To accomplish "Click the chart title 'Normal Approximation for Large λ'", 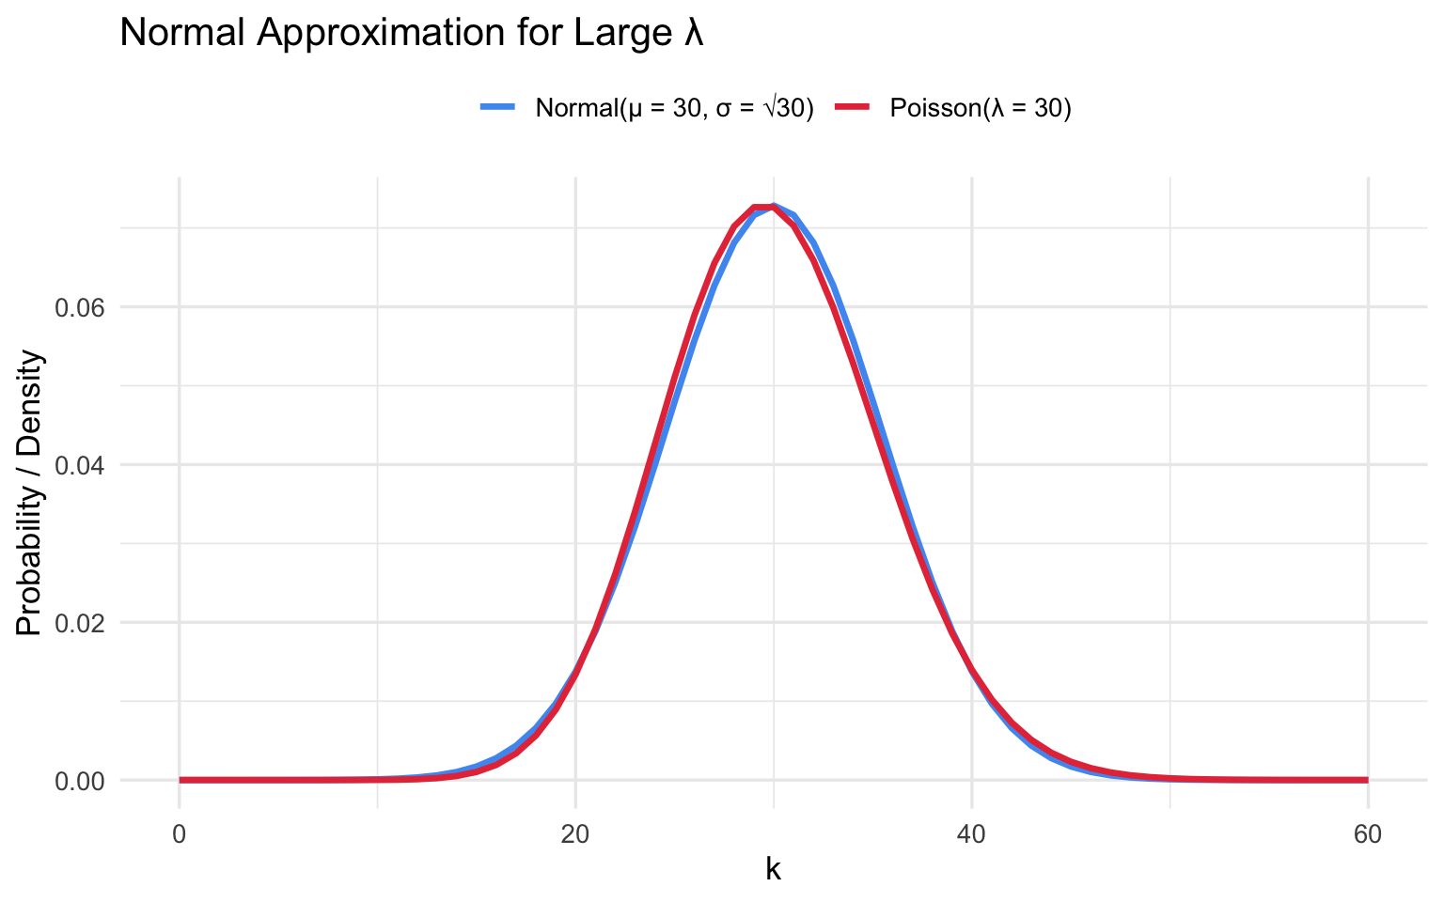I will click(412, 34).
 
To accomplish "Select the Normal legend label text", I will click(674, 108).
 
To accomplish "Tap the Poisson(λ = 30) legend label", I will click(981, 108).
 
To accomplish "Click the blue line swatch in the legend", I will click(498, 108).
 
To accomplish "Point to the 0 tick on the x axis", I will click(180, 834).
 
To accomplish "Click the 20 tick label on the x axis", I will click(575, 834).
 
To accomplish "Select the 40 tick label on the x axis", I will click(971, 834).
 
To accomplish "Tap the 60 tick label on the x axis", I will click(1367, 834).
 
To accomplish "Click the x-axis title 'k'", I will click(773, 870).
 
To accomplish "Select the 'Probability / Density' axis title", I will click(30, 492).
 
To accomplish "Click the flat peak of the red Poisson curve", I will click(763, 207).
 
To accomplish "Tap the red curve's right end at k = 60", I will click(1367, 780).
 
